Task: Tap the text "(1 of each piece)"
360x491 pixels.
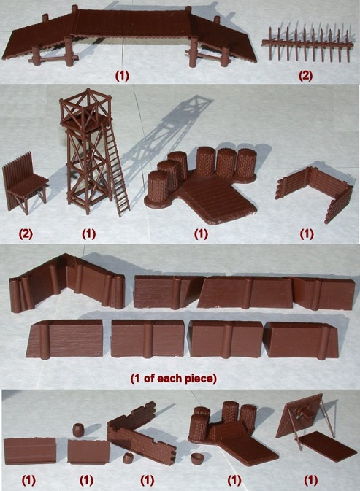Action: pos(174,379)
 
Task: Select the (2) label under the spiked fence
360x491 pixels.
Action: pos(305,76)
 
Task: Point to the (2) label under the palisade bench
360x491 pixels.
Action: pos(26,233)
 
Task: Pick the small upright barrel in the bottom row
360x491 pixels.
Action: pos(77,430)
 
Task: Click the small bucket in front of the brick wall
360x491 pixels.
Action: pos(128,458)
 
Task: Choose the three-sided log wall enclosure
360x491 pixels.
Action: pos(314,190)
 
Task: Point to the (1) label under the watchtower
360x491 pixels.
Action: pos(88,233)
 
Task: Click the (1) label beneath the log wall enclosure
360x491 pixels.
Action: pos(307,233)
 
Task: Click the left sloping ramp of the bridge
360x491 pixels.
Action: pos(37,37)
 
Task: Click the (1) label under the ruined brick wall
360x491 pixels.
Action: pos(148,480)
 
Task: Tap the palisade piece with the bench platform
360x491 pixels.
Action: pos(25,183)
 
